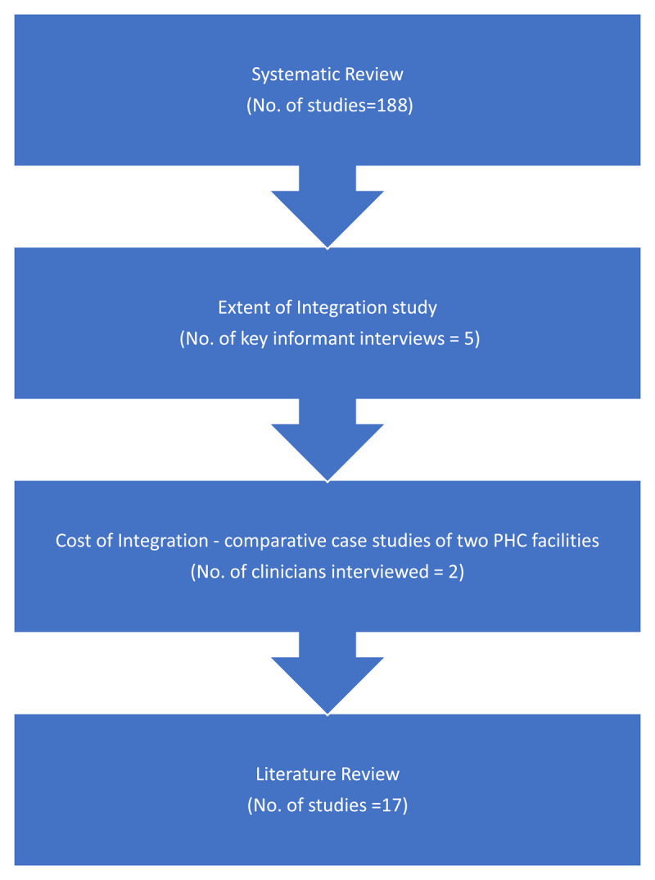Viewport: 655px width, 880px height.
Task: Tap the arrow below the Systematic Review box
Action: [327, 205]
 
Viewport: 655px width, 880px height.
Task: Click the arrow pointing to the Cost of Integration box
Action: [327, 438]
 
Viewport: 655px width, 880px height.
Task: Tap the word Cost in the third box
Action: [72, 542]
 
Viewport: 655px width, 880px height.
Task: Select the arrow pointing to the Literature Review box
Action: [327, 672]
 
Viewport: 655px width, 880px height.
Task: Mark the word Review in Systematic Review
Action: [375, 75]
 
